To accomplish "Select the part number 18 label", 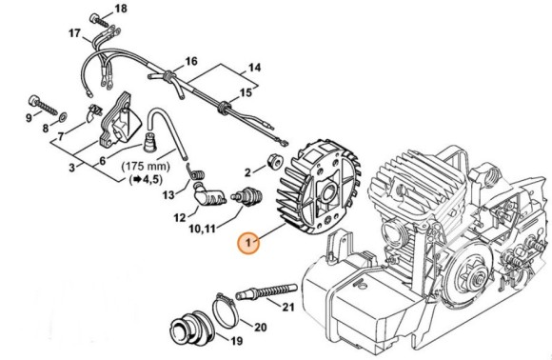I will click(x=120, y=9).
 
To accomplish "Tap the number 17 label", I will click(x=73, y=33).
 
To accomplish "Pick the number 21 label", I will click(x=287, y=306).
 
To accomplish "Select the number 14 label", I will click(x=253, y=68).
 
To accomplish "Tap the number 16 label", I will click(x=190, y=61).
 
